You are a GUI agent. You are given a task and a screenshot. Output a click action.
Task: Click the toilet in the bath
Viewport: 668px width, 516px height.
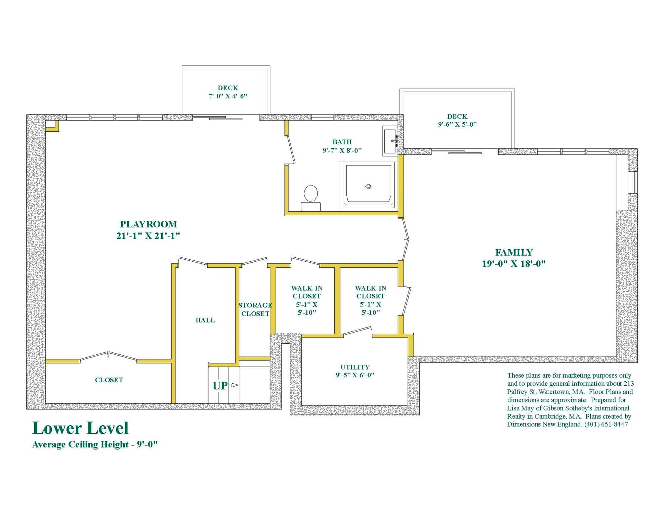click(311, 198)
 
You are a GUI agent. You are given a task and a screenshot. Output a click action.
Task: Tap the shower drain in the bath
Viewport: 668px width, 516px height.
click(368, 186)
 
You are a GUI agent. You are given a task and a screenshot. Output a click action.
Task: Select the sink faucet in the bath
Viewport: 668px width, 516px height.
click(394, 139)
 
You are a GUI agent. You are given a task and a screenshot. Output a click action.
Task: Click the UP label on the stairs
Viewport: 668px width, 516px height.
click(220, 386)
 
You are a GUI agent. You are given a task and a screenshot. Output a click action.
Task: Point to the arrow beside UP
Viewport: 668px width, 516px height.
click(234, 385)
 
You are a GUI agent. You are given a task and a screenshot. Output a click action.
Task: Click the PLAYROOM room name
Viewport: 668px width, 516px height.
click(149, 224)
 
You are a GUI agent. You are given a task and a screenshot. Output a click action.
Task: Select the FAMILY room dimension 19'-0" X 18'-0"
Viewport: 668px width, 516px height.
click(514, 264)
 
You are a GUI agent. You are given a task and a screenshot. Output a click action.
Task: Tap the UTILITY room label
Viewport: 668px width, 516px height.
click(355, 367)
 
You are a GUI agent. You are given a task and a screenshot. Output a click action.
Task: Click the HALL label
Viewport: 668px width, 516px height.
click(205, 320)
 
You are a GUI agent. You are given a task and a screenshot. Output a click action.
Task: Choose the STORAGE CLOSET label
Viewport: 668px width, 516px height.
click(255, 309)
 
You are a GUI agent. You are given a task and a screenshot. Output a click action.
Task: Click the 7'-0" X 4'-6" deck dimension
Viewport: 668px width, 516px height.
click(228, 96)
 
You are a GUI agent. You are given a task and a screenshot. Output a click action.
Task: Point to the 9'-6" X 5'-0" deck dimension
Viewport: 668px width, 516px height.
click(457, 124)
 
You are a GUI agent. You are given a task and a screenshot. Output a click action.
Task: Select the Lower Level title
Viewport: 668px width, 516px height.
click(80, 428)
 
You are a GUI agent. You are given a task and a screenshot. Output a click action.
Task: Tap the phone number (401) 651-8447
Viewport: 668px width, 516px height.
click(606, 424)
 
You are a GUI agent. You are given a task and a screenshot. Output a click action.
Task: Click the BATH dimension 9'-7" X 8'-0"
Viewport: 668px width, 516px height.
click(342, 150)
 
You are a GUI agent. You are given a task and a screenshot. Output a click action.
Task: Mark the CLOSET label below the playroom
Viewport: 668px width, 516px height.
click(109, 380)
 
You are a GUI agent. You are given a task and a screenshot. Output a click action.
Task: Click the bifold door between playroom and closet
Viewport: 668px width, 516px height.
click(108, 357)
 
